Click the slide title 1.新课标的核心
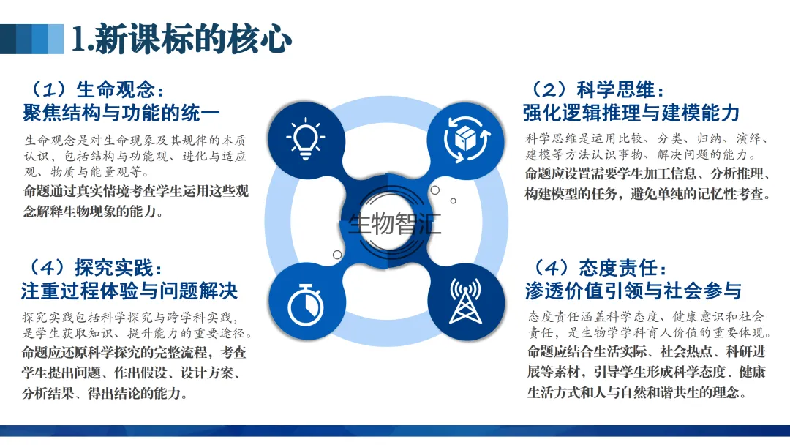(x=181, y=38)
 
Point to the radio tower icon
(x=465, y=302)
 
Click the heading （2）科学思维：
(x=595, y=89)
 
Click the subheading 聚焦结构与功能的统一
(x=121, y=113)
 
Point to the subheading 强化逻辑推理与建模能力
(x=631, y=113)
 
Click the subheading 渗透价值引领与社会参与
(x=633, y=291)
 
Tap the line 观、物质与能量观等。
(x=86, y=173)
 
